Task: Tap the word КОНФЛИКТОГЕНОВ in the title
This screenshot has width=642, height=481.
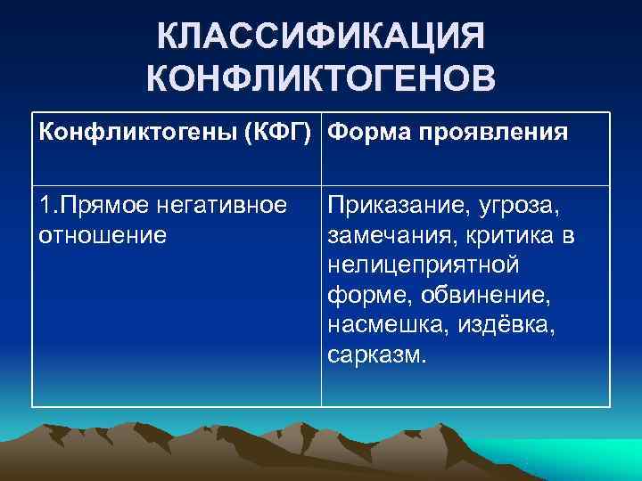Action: click(321, 81)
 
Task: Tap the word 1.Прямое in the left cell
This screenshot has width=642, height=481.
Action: click(87, 206)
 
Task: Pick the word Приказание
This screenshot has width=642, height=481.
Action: click(392, 206)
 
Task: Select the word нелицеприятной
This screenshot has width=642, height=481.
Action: click(423, 265)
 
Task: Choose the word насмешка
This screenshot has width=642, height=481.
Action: click(379, 326)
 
